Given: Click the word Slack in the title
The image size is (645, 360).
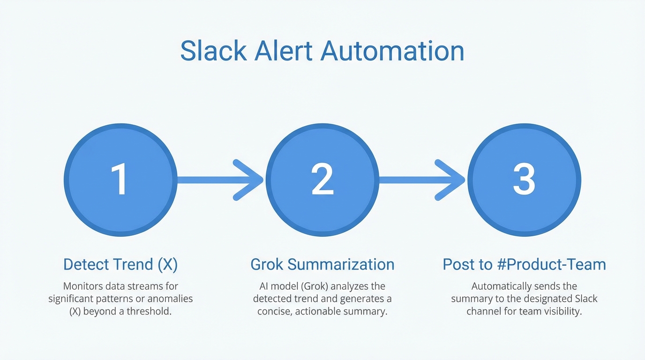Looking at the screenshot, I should click(213, 51).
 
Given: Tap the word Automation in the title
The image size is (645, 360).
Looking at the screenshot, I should click(392, 51).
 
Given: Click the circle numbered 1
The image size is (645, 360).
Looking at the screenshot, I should click(120, 180).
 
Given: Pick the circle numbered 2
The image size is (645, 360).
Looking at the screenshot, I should click(322, 180).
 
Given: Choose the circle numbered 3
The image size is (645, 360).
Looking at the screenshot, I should click(524, 180).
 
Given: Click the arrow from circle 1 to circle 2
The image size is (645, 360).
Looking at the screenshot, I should click(220, 180).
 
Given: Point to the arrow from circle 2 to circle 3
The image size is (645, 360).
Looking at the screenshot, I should click(422, 180).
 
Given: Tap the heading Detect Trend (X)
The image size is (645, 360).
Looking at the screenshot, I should click(120, 264).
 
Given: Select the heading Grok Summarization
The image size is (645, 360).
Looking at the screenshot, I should click(322, 264).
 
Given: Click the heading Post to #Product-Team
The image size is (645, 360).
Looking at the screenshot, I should click(524, 264).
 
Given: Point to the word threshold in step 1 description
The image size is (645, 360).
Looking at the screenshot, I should click(150, 311).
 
